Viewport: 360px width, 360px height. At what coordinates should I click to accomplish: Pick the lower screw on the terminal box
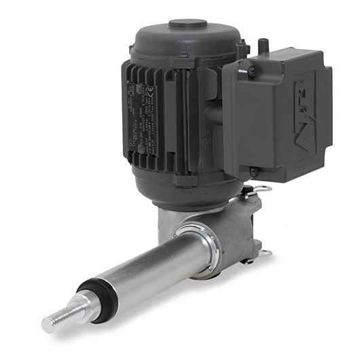pos(254,172)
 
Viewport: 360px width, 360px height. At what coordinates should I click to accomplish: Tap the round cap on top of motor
pos(187,24)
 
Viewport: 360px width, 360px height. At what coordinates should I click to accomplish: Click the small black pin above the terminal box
pos(264,45)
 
